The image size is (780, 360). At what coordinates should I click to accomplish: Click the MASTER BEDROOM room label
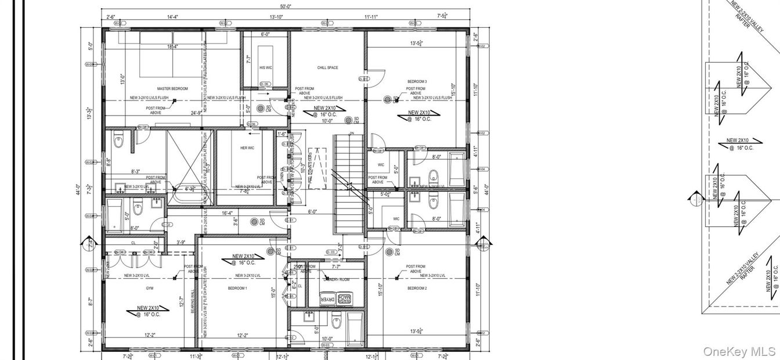pyautogui.click(x=172, y=88)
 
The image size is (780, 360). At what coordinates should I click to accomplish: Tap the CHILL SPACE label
pyautogui.click(x=327, y=68)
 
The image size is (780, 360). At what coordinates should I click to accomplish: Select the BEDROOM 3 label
pyautogui.click(x=417, y=81)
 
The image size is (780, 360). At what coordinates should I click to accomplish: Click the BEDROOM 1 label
pyautogui.click(x=237, y=288)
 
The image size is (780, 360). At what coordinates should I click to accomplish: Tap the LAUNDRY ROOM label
pyautogui.click(x=336, y=279)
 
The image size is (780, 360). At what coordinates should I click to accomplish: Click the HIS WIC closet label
pyautogui.click(x=265, y=68)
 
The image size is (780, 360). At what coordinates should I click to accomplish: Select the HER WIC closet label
pyautogui.click(x=247, y=148)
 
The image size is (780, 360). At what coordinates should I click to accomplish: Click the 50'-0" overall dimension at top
pyautogui.click(x=286, y=6)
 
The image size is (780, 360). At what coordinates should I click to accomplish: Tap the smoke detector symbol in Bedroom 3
pyautogui.click(x=388, y=100)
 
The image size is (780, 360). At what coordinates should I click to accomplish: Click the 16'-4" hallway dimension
pyautogui.click(x=227, y=213)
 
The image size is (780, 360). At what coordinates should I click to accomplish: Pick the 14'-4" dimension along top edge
pyautogui.click(x=172, y=17)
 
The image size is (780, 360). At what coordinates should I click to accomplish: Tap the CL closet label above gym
pyautogui.click(x=133, y=243)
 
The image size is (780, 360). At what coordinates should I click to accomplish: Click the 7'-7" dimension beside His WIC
pyautogui.click(x=248, y=59)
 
